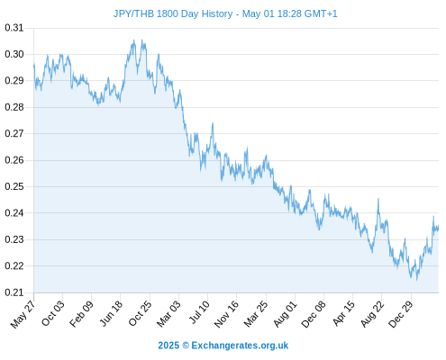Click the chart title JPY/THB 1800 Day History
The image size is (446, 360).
click(173, 13)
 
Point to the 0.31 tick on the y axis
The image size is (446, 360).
click(14, 28)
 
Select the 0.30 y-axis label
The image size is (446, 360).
click(14, 54)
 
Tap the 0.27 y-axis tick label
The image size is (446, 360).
click(14, 133)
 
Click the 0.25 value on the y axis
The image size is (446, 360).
click(14, 186)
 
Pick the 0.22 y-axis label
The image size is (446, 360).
click(14, 265)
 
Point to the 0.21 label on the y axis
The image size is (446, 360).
click(14, 292)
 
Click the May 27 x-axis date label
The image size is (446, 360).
click(23, 314)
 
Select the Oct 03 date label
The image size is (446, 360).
click(53, 313)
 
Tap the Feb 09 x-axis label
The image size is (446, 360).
click(82, 313)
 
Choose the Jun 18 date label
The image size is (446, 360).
click(111, 313)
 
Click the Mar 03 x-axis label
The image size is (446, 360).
click(168, 313)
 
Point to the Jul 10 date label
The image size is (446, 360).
click(199, 312)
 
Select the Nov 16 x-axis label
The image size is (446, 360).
click(226, 313)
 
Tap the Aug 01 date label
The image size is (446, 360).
click(286, 313)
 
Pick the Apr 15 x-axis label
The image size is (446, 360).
click(344, 313)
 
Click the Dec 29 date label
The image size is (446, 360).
click(401, 313)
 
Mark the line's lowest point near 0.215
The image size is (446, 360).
click(417, 280)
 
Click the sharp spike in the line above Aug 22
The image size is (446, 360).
click(378, 199)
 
